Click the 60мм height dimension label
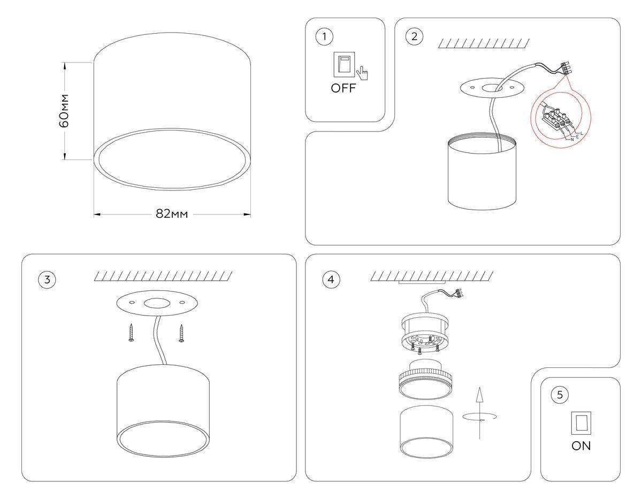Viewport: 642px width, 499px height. [64, 111]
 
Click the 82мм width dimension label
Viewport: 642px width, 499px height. [172, 213]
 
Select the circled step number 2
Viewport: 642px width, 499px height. [414, 36]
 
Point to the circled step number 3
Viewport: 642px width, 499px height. [47, 279]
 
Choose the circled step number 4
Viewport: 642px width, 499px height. [331, 279]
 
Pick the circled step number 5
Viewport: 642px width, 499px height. [560, 395]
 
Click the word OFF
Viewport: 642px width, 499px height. [343, 88]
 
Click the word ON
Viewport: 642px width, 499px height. [581, 446]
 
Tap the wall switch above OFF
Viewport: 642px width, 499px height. [344, 64]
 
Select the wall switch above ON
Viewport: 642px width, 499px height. [581, 423]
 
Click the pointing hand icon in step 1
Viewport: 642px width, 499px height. [362, 73]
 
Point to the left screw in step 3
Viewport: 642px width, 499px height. [132, 333]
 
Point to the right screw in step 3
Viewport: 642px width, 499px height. [181, 333]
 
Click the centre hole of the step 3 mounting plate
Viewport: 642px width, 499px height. [157, 303]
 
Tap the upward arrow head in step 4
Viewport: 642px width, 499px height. [479, 394]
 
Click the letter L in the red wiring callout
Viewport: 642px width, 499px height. [582, 134]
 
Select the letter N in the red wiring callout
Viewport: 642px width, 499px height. [572, 140]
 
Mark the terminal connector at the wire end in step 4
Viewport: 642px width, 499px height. [459, 293]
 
